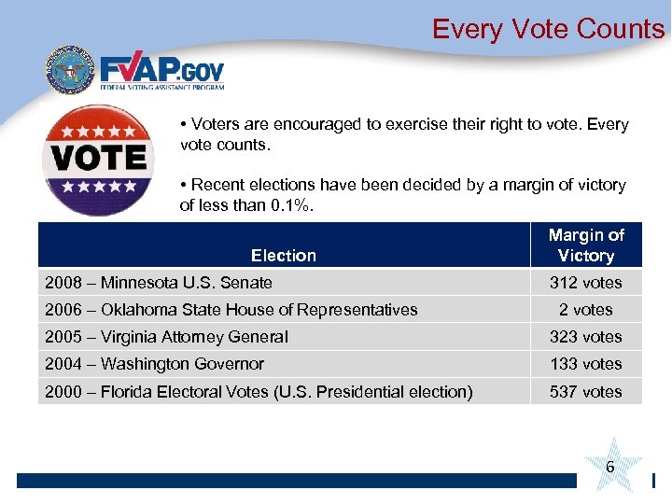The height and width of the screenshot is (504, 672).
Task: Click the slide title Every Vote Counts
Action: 548,29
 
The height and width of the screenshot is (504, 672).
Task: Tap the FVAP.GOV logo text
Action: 162,71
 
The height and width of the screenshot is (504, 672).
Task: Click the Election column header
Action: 283,255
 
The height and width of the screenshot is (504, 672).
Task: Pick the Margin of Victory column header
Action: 586,245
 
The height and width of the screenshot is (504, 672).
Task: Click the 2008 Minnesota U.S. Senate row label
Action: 159,282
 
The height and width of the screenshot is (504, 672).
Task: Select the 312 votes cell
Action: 586,282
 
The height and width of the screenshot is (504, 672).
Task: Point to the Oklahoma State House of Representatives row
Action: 231,309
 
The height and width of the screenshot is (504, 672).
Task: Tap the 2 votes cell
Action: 586,309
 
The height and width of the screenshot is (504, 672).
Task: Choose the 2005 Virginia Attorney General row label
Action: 166,337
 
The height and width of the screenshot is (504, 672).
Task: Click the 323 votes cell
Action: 586,337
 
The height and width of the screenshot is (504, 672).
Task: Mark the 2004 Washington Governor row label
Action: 154,364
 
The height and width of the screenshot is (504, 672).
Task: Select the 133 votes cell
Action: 586,364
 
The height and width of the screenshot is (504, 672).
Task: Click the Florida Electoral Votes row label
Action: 259,392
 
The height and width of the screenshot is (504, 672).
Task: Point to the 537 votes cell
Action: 586,392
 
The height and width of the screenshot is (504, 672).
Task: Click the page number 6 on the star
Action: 609,465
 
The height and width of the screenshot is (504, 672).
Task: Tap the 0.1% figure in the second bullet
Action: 289,205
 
